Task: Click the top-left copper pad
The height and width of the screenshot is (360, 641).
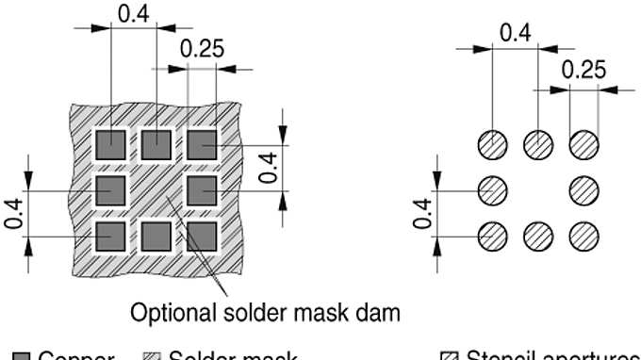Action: (x=110, y=146)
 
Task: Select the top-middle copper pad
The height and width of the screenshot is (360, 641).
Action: (x=156, y=146)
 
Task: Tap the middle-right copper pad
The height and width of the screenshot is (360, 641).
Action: (x=202, y=191)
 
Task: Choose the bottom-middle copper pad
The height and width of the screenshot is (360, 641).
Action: (x=156, y=237)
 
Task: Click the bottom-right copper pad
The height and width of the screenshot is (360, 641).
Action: (x=202, y=237)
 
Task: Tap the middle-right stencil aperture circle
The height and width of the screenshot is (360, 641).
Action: (x=584, y=190)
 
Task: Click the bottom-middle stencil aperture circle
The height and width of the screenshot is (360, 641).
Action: (x=538, y=236)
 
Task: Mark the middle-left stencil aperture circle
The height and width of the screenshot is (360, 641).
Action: (x=491, y=190)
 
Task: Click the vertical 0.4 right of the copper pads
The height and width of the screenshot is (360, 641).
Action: (x=270, y=167)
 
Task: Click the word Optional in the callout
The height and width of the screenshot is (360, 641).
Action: (x=172, y=313)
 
